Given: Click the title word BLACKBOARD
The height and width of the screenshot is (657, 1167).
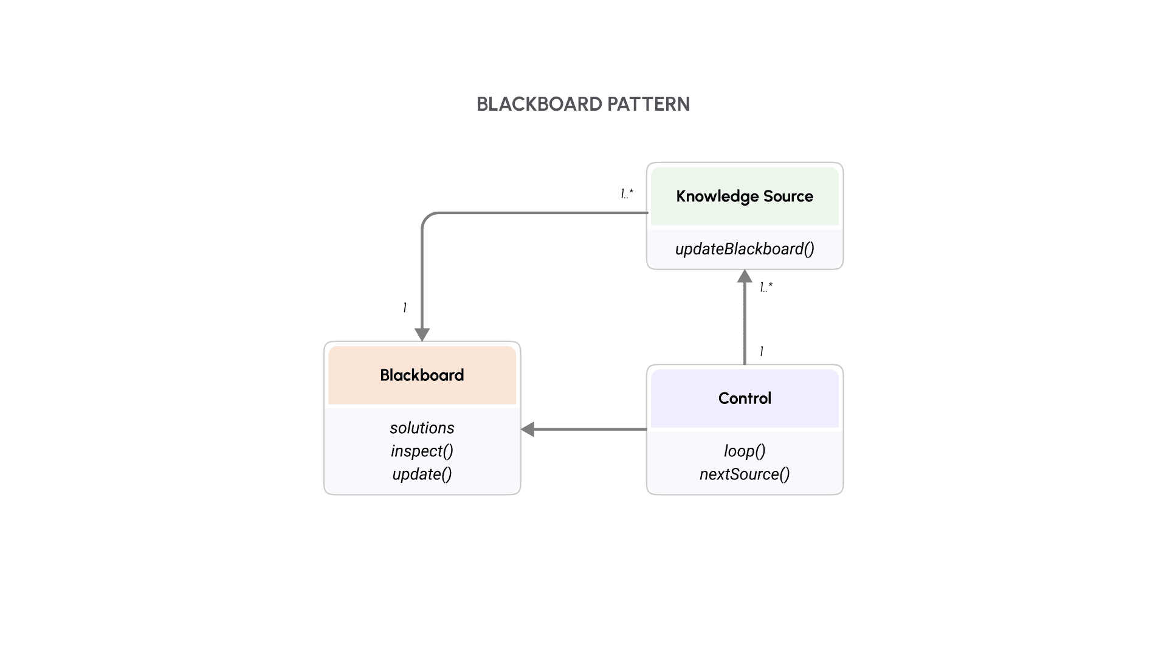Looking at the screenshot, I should coord(539,104).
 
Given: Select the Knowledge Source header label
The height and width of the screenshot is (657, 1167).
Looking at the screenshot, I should coord(744,196).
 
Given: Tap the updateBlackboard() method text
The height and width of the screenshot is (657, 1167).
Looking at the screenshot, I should coord(744,249).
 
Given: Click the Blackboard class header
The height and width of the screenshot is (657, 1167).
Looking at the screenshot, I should coord(422,375).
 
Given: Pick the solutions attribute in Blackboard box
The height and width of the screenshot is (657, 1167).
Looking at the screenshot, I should coord(422,428).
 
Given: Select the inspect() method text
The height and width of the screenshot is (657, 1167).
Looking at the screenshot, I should coord(422,451).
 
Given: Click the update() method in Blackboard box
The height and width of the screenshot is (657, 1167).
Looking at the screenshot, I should coord(422,474).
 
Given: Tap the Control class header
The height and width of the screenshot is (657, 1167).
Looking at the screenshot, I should coord(744,398).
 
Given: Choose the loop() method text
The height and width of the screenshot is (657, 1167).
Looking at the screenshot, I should coord(744,451).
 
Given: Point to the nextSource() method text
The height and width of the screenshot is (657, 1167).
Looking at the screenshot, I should coord(744,474).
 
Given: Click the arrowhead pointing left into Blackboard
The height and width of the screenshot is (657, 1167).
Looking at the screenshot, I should coord(528,429).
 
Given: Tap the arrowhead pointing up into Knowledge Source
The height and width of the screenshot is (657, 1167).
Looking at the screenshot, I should coord(745,277).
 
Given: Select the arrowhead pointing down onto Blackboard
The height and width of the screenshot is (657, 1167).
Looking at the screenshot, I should coord(422,335).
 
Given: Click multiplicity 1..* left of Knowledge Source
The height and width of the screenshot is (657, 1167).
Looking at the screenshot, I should coord(627,193).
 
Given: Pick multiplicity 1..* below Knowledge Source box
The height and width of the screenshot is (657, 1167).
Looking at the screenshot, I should coord(766,287).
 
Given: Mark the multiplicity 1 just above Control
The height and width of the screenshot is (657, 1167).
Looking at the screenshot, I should coord(762,351).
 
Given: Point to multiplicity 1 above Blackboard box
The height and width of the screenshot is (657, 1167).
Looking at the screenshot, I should coord(405,307).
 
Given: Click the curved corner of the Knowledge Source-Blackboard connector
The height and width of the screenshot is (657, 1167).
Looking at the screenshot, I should coord(427,218).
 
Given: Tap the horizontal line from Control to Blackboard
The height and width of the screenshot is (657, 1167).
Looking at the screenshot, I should coord(590,429).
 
